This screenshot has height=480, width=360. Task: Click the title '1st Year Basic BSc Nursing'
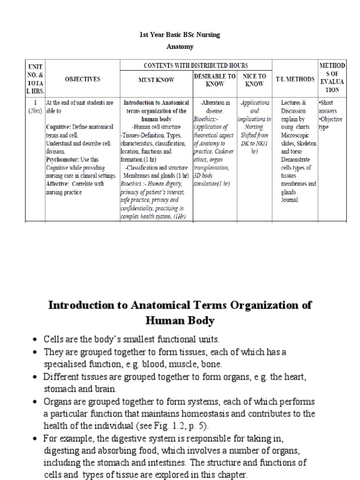pyautogui.click(x=180, y=35)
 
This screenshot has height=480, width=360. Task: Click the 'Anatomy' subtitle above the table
pyautogui.click(x=180, y=47)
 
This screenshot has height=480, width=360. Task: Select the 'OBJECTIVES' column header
pyautogui.click(x=82, y=79)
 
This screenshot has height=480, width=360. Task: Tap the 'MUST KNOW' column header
pyautogui.click(x=156, y=80)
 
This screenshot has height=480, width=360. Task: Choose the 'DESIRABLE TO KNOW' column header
pyautogui.click(x=215, y=80)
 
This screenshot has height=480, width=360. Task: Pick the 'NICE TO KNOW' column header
pyautogui.click(x=255, y=80)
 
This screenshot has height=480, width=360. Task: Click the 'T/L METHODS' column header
pyautogui.click(x=295, y=79)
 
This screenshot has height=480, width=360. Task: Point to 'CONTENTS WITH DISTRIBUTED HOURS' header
pyautogui.click(x=195, y=65)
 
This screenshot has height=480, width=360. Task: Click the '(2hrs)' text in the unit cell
pyautogui.click(x=33, y=111)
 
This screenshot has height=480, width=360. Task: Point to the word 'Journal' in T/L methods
pyautogui.click(x=289, y=200)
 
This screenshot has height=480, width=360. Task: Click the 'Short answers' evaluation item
pyautogui.click(x=331, y=106)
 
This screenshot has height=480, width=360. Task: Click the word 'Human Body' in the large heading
pyautogui.click(x=180, y=321)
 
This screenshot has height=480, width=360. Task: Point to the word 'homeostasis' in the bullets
pyautogui.click(x=209, y=414)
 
